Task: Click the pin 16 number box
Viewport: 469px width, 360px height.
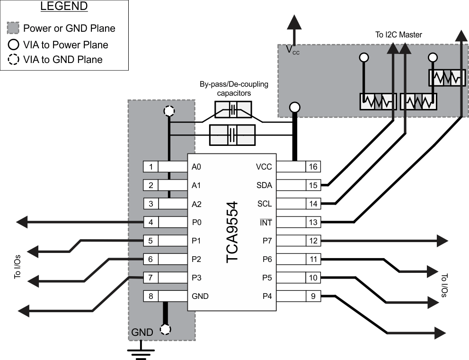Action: (313, 166)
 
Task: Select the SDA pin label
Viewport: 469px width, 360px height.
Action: (264, 185)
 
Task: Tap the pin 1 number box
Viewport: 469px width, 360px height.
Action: (150, 167)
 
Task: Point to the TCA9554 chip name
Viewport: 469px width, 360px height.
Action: (231, 232)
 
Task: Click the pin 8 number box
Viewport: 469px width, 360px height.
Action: (150, 297)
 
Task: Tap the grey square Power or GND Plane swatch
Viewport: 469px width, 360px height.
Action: (13, 28)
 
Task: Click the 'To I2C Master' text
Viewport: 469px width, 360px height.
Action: (399, 35)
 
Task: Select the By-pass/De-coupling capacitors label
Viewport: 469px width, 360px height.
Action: (234, 89)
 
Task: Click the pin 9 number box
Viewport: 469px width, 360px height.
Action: (313, 297)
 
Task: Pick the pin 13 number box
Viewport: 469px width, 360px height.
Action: (313, 222)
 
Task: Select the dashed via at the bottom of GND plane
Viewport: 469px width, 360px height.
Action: (165, 329)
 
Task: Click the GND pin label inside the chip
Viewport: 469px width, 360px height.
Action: (200, 297)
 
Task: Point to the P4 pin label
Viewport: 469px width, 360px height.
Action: (267, 297)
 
